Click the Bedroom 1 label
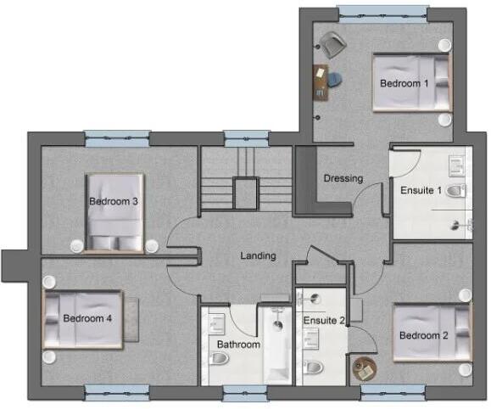pyautogui.click(x=404, y=83)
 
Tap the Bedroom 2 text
pyautogui.click(x=424, y=334)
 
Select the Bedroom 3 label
pyautogui.click(x=114, y=201)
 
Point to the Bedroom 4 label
pyautogui.click(x=87, y=318)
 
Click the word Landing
pyautogui.click(x=258, y=255)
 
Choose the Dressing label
pyautogui.click(x=343, y=178)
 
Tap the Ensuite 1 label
pyautogui.click(x=421, y=189)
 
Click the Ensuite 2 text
pyautogui.click(x=323, y=320)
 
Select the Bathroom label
pyautogui.click(x=238, y=345)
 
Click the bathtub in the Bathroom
pyautogui.click(x=276, y=344)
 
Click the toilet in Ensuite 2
pyautogui.click(x=313, y=367)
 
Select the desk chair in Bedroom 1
pyautogui.click(x=335, y=80)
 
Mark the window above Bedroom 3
pyautogui.click(x=117, y=135)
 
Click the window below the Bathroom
pyautogui.click(x=245, y=391)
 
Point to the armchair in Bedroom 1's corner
pyautogui.click(x=332, y=43)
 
